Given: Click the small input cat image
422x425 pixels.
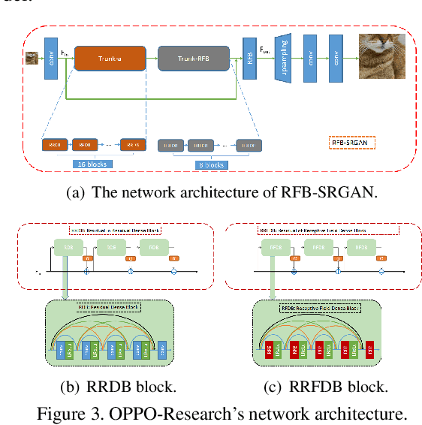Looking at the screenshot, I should pos(32,57).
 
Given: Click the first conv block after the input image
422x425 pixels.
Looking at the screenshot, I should pos(51,57).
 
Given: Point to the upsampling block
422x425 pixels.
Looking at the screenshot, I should pos(284,56).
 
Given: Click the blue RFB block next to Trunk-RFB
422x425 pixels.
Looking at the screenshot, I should pos(248,56).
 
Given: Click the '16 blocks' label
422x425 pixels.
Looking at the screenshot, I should pos(92,163).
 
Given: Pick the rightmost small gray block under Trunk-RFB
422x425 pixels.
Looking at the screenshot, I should pos(248,145).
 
